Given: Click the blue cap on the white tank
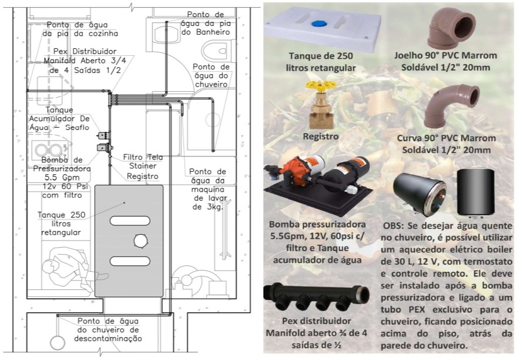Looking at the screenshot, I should click(x=319, y=25).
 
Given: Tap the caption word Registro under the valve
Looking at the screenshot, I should click(x=321, y=136).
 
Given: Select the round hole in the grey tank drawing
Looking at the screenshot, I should click(x=141, y=240).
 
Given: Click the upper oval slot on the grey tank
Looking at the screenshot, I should click(x=128, y=221).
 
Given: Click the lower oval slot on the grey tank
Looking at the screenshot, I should click(x=128, y=261).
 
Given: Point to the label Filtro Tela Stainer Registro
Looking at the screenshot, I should click(x=143, y=166).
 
